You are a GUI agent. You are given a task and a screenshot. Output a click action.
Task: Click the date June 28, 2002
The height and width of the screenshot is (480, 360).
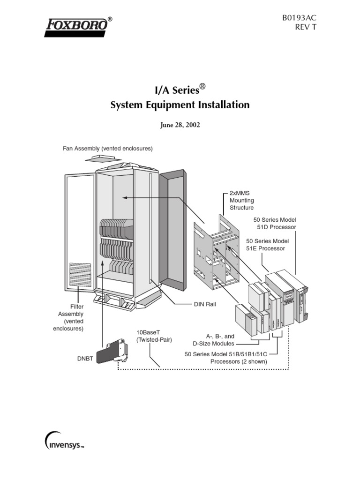(x=180, y=126)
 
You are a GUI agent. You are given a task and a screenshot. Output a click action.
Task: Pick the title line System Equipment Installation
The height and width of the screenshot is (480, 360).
(x=180, y=105)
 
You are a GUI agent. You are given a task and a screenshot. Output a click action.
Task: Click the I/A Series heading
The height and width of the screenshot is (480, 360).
(x=180, y=88)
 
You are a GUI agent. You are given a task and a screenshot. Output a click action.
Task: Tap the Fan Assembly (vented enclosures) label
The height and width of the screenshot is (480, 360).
(x=108, y=149)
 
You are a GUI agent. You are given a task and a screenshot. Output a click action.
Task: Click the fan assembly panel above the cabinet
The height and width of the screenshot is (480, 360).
(x=104, y=159)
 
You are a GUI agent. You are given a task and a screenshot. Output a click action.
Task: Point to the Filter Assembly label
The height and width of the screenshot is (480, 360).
(x=70, y=317)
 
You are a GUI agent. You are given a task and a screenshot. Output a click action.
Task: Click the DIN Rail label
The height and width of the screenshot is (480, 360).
(x=205, y=304)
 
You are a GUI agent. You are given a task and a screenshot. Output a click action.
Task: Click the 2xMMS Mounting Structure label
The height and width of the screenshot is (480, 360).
(x=241, y=200)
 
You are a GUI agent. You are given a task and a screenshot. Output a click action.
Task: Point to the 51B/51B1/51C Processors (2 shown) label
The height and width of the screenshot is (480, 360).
(x=226, y=358)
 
